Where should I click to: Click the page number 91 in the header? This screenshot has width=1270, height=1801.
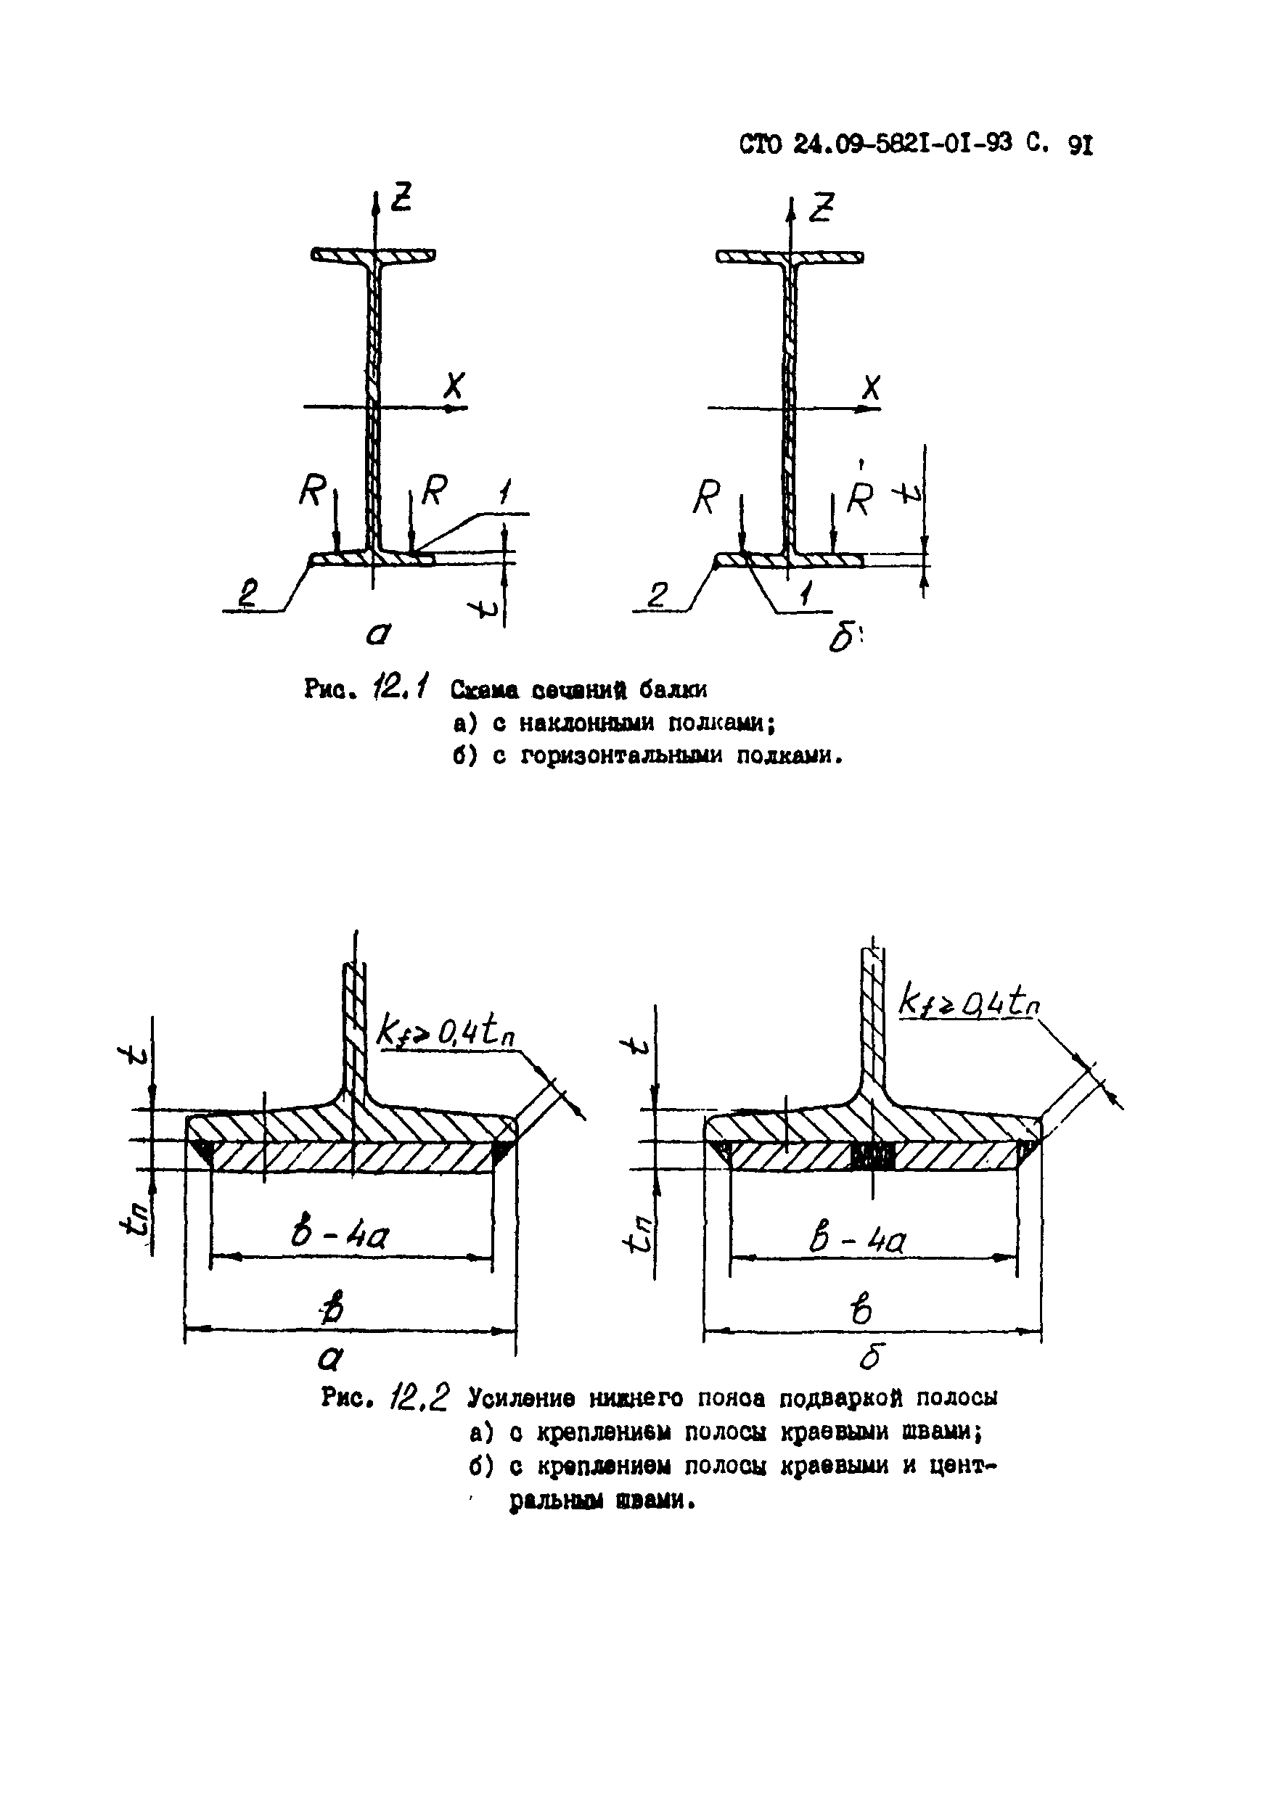[x=1080, y=146]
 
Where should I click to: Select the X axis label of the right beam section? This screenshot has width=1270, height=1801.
[x=870, y=387]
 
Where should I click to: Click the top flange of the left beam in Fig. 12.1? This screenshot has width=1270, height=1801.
[x=374, y=255]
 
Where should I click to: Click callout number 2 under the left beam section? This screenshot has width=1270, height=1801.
[x=250, y=592]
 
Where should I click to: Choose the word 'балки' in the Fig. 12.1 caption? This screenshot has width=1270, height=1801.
[x=672, y=690]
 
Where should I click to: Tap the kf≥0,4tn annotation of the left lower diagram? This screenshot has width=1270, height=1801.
[x=446, y=1034]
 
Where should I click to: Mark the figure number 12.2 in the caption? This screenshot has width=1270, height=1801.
[x=420, y=1396]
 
